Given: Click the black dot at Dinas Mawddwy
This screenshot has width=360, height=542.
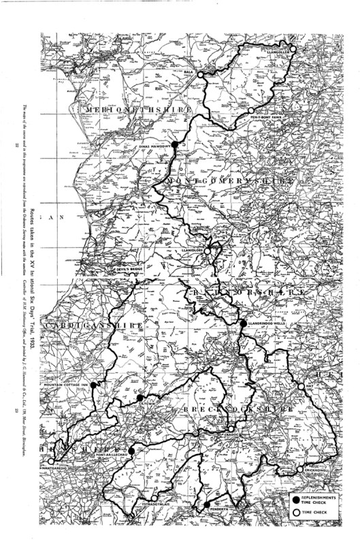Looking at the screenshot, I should point(174,144).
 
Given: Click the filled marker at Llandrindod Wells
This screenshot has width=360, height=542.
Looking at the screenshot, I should point(242,323).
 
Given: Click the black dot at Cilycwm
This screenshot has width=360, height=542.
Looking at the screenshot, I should point(140,398).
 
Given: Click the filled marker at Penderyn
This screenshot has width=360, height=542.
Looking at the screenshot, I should point(206,504).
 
